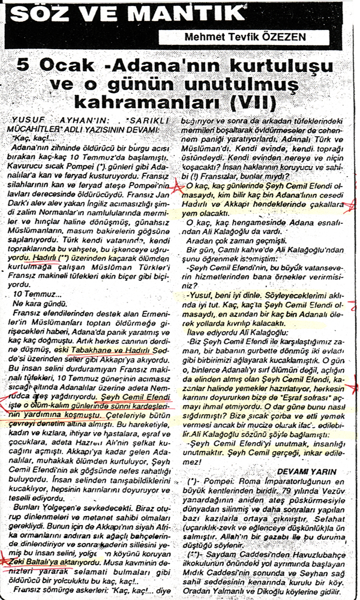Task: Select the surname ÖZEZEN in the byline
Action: (280, 37)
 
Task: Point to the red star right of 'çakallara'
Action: (349, 208)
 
